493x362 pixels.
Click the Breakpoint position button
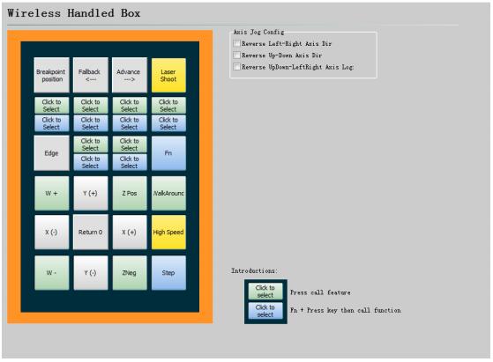click(x=51, y=75)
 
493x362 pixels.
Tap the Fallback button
click(x=91, y=75)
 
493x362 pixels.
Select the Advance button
click(x=130, y=75)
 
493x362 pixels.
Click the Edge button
click(x=51, y=153)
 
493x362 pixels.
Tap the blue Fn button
click(x=168, y=153)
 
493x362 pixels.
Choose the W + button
click(x=51, y=193)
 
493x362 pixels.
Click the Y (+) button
click(x=91, y=193)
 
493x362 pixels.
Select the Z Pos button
click(x=130, y=193)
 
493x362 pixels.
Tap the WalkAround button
click(x=168, y=193)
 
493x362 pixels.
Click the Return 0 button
click(x=91, y=233)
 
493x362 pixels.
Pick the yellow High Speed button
click(x=168, y=233)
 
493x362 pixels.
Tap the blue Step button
click(x=168, y=273)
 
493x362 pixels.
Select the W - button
click(x=51, y=273)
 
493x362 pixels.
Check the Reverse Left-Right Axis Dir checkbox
click(x=236, y=43)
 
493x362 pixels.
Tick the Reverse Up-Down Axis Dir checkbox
click(x=236, y=55)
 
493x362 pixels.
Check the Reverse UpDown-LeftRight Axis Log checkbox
click(x=236, y=67)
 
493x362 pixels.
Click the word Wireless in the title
click(x=34, y=13)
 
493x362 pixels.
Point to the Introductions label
click(x=254, y=270)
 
